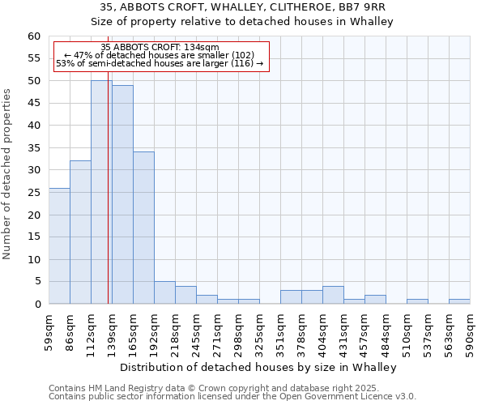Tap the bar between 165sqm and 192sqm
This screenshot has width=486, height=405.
(143, 228)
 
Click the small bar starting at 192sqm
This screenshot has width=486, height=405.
(164, 292)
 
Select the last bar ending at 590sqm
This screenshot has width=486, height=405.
(459, 301)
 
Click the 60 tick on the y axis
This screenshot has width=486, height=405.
(34, 36)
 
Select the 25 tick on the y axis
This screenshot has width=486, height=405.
(34, 215)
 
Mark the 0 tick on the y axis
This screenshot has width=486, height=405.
(37, 304)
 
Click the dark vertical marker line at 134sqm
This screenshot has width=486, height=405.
(109, 186)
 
